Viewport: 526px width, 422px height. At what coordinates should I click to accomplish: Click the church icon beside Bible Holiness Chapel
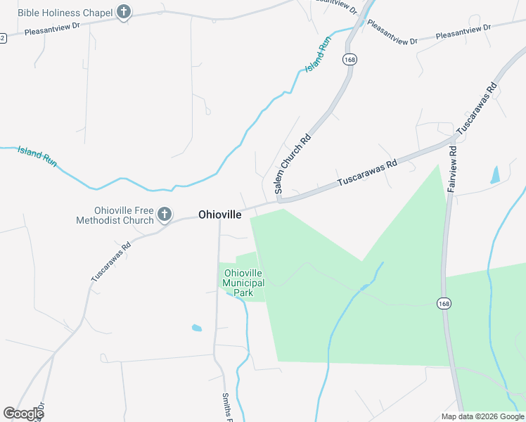(124, 12)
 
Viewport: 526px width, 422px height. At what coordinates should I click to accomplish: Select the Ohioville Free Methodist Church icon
(165, 215)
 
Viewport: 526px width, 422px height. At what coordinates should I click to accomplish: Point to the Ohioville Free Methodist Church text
(114, 215)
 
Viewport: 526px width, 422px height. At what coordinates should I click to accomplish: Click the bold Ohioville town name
(220, 215)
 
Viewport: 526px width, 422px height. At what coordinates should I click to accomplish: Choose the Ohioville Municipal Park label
(243, 283)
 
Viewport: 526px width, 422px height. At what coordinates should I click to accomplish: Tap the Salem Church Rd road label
(293, 165)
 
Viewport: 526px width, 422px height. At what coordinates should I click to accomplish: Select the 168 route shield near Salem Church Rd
(349, 60)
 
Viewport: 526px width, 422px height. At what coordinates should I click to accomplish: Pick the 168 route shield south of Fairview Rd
(442, 303)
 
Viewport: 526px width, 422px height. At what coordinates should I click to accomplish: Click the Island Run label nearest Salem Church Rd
(318, 56)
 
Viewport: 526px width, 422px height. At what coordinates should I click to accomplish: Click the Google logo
(23, 413)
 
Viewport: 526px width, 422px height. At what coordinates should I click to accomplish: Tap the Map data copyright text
(482, 416)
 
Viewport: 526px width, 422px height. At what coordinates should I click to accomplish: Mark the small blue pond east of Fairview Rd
(494, 174)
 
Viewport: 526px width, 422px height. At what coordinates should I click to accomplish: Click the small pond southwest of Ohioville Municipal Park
(196, 328)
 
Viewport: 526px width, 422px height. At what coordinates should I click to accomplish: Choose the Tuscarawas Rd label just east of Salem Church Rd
(367, 172)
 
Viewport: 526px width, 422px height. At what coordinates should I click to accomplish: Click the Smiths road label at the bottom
(227, 407)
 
